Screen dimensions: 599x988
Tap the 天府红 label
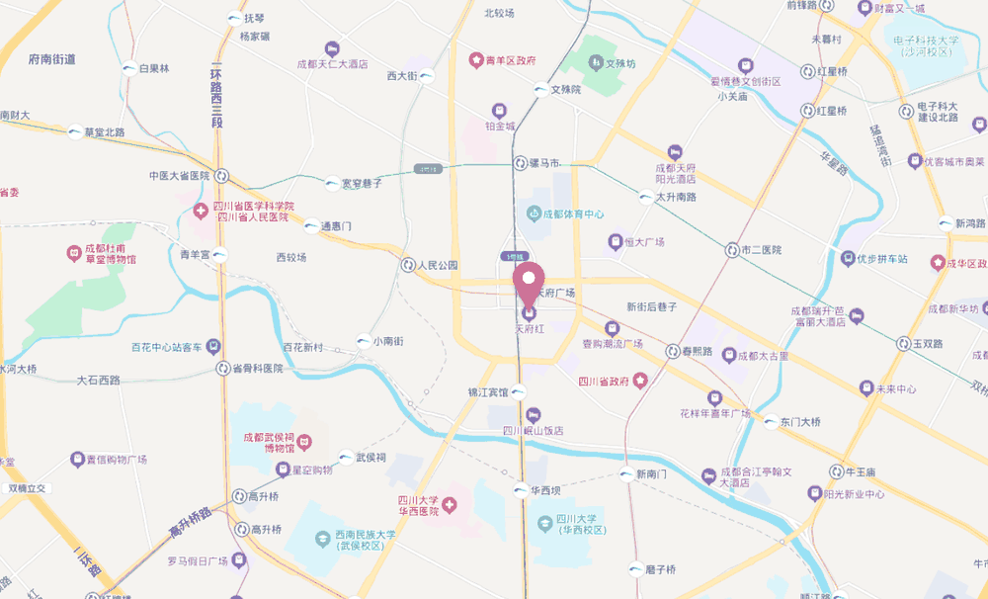pos(530,326)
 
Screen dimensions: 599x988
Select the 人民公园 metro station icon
pos(408,265)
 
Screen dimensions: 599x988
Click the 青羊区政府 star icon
pos(475,60)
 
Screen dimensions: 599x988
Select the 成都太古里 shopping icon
pos(730,355)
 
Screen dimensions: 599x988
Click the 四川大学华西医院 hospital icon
pos(450,506)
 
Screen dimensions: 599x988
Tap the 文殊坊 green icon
pos(595,63)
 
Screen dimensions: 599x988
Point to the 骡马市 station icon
pos(520,162)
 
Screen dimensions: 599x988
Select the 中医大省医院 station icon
pos(221,176)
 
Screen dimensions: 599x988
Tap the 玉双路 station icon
pos(903,343)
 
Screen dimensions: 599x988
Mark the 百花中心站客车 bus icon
pos(211,347)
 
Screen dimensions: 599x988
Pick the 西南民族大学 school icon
pos(322,539)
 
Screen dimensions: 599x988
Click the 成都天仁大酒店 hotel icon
pos(332,48)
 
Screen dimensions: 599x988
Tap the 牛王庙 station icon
pos(836,471)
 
